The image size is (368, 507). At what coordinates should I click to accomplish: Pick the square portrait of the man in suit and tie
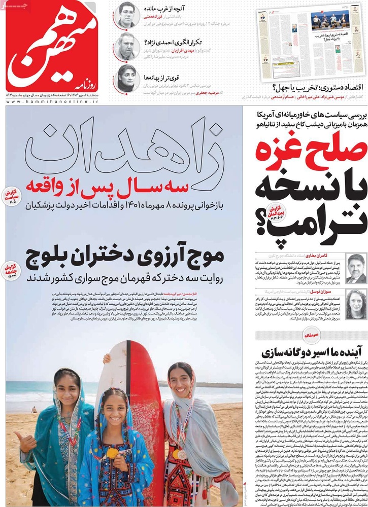tap(356, 269)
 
